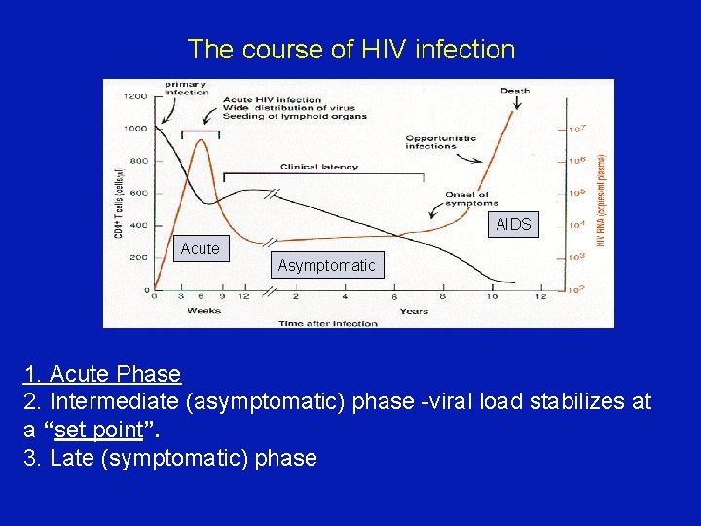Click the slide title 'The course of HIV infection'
pos(350,49)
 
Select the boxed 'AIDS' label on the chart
pos(513,225)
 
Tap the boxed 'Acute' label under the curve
pos(200,249)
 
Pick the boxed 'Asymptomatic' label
pos(326,266)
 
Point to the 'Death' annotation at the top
pos(515,91)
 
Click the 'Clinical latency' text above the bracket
pos(318,167)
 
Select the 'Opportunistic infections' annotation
pos(440,142)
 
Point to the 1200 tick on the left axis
pos(135,96)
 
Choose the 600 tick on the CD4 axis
pos(137,193)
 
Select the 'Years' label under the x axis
pos(413,312)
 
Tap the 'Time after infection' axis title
pos(327,323)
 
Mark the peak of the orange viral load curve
pos(202,140)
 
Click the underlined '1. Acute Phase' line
pos(102,374)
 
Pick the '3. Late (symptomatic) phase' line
pos(170,458)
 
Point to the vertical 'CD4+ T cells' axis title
pos(118,200)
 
